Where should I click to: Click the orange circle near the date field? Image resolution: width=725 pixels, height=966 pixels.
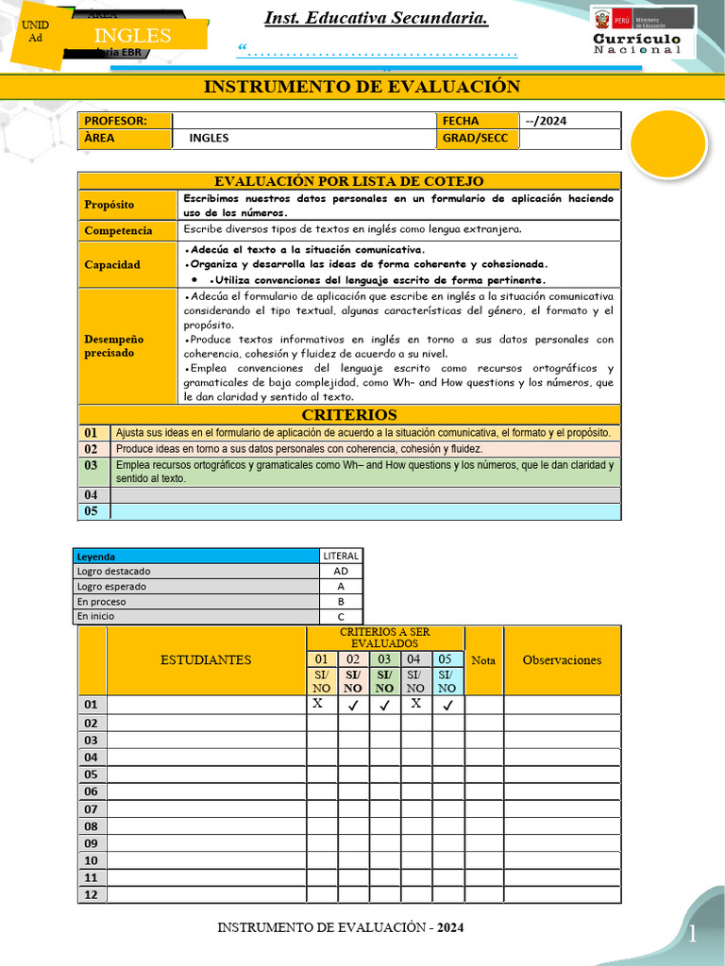667,146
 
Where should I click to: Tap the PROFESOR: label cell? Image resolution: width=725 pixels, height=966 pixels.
126,121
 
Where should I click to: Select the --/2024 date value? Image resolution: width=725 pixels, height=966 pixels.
547,121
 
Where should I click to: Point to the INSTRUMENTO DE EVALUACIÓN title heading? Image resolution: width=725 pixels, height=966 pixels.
362,88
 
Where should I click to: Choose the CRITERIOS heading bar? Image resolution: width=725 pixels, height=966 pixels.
349,415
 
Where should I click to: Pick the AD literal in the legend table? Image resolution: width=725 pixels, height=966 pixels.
341,572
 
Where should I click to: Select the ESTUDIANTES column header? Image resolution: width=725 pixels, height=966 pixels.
206,660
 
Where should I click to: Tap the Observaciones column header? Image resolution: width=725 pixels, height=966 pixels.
562,660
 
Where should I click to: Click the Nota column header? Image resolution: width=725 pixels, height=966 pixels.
483,660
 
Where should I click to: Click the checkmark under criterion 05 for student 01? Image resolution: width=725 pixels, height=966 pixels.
447,705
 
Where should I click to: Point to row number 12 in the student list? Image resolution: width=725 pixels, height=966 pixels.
92,894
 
